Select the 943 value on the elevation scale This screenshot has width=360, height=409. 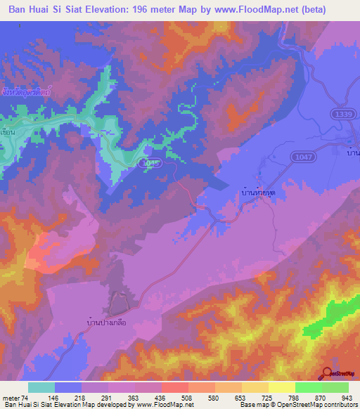click(347, 397)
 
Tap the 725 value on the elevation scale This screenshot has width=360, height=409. click(267, 397)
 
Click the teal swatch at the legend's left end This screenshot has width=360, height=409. click(41, 387)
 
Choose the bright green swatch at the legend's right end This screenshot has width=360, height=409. click(335, 387)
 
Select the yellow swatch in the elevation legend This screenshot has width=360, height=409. click(281, 387)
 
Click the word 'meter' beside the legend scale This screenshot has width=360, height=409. click(13, 397)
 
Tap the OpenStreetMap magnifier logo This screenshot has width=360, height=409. click(327, 373)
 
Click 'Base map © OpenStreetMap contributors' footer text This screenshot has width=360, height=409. click(299, 405)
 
